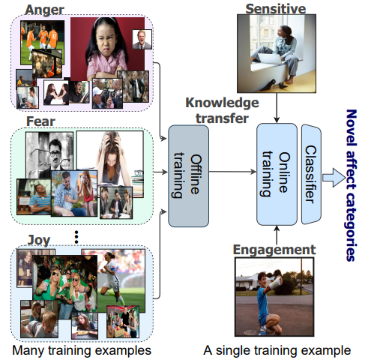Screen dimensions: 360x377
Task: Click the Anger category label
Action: tap(45, 9)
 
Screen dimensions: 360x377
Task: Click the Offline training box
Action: tap(187, 173)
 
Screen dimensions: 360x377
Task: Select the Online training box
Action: tap(277, 174)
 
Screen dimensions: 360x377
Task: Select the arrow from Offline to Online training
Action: tap(232, 173)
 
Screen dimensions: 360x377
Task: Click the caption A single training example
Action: tap(277, 349)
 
